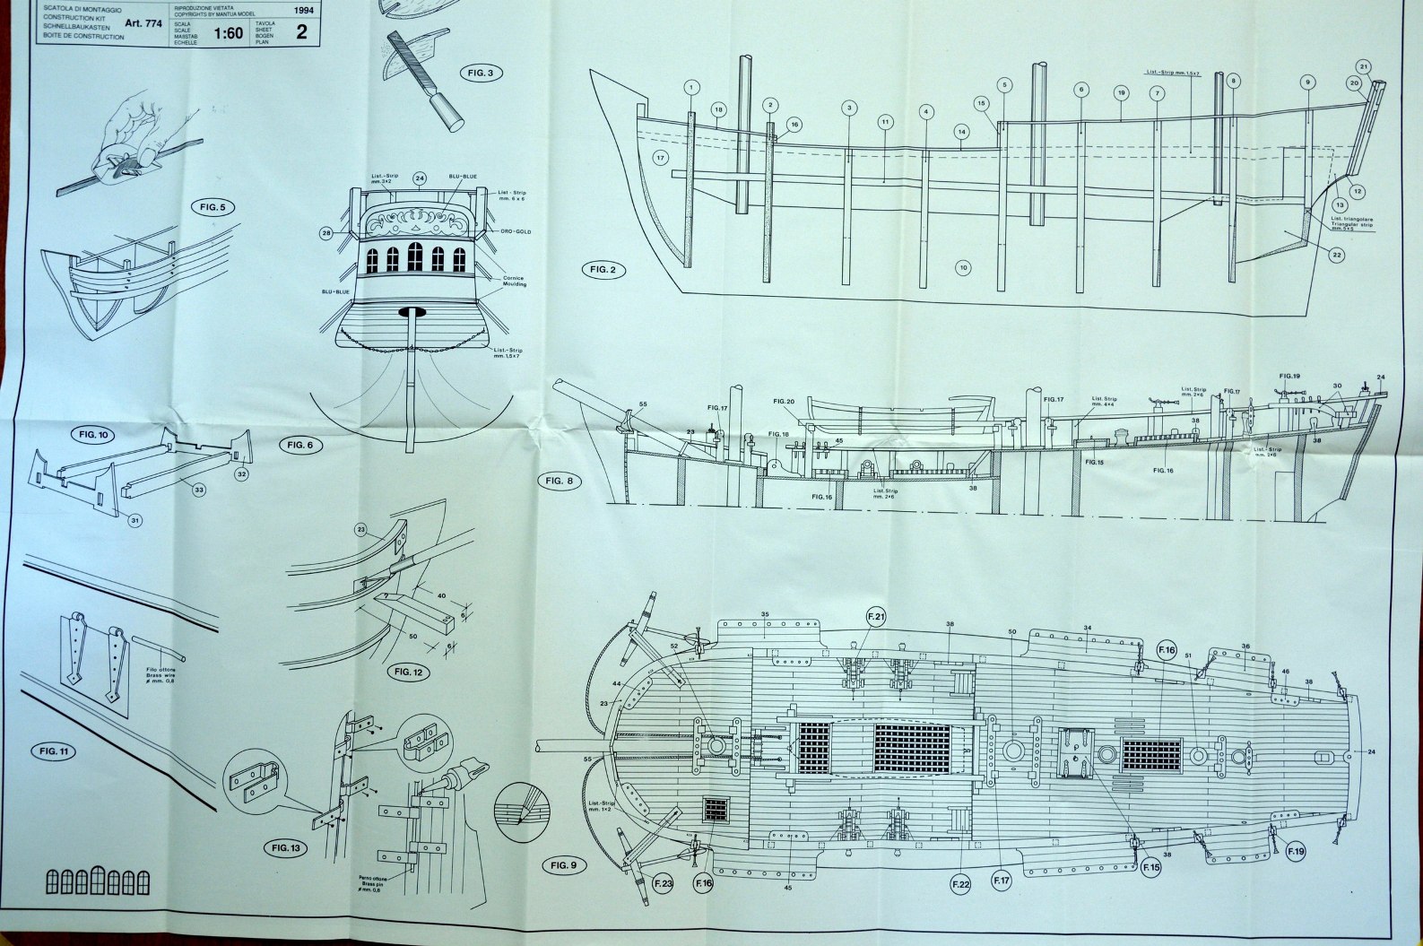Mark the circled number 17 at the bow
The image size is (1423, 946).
(x=661, y=157)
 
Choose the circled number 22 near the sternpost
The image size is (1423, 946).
(x=1336, y=255)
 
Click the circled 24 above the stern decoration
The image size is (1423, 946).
(x=419, y=178)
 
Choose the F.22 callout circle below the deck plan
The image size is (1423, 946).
(x=960, y=883)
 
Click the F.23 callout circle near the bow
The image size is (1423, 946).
(x=663, y=883)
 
